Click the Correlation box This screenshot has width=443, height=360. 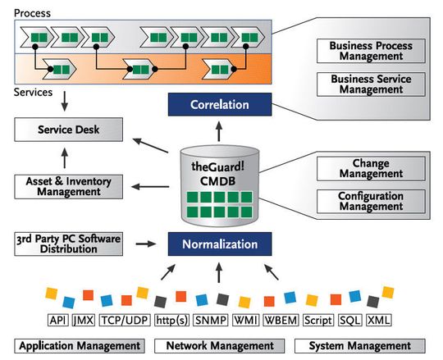[219, 104]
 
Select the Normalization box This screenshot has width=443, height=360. [219, 244]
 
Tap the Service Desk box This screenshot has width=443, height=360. [69, 130]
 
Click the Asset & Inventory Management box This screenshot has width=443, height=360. [69, 186]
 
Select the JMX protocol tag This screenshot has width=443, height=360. [83, 320]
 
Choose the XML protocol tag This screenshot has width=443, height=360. [379, 320]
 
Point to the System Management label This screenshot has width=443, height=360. [359, 346]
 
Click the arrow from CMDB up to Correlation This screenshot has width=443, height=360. [219, 130]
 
